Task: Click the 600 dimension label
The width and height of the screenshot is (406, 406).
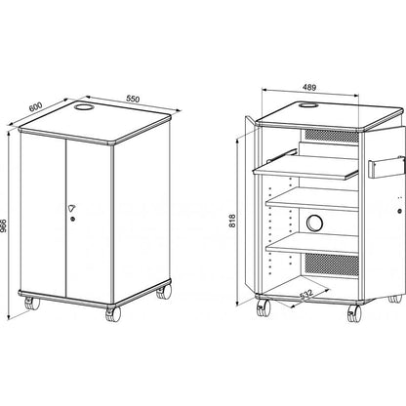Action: tap(35, 106)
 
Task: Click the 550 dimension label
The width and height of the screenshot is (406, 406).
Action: tap(133, 99)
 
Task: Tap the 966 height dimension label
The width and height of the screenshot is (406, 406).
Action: tap(5, 225)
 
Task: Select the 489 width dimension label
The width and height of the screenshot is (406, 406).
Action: tap(309, 87)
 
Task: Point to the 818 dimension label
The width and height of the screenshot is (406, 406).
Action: tap(232, 221)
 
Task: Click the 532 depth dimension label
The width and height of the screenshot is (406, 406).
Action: tap(305, 295)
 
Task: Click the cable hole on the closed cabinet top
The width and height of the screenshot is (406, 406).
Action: tap(83, 106)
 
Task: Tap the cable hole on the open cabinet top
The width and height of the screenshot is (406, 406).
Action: tap(307, 105)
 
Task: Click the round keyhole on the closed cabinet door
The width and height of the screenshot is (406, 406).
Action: tap(72, 219)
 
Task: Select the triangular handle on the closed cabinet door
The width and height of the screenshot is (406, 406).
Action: tap(72, 208)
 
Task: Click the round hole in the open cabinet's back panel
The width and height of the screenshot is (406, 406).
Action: tap(314, 223)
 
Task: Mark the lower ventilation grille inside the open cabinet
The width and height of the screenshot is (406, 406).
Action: tap(332, 265)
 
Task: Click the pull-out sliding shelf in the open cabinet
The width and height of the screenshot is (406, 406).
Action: tap(305, 168)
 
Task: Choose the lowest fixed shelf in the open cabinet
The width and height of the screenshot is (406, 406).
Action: tap(312, 243)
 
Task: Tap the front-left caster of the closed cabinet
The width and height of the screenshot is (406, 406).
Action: tap(32, 304)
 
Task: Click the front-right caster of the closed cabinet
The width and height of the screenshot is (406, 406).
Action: tap(113, 314)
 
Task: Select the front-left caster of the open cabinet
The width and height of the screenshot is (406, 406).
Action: tap(264, 307)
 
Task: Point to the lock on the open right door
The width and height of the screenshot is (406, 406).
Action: tap(399, 211)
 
